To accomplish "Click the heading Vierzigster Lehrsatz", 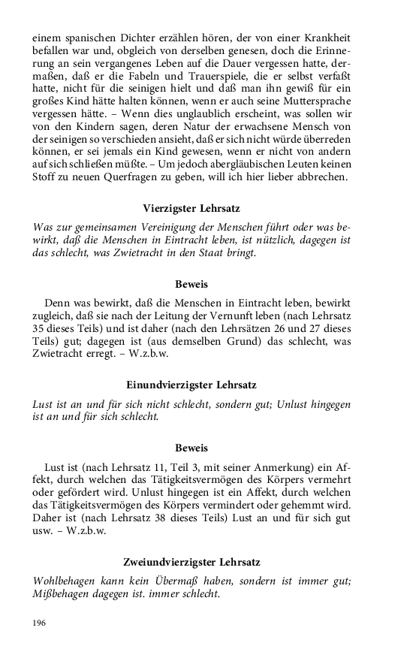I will [x=191, y=207].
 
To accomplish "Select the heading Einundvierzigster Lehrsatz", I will [x=191, y=385].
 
